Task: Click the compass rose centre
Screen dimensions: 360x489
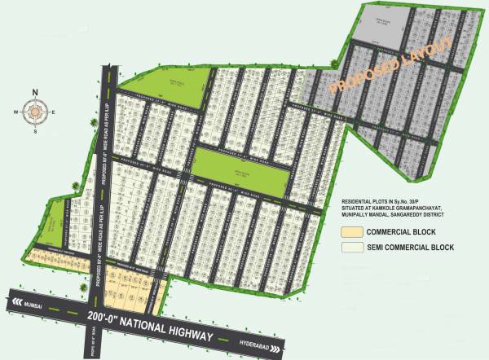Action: pyautogui.click(x=35, y=110)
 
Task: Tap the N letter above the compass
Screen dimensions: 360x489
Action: pyautogui.click(x=35, y=91)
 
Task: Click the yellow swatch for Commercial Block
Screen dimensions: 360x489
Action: pyautogui.click(x=349, y=231)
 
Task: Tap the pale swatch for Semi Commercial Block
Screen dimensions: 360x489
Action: pyautogui.click(x=349, y=247)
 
